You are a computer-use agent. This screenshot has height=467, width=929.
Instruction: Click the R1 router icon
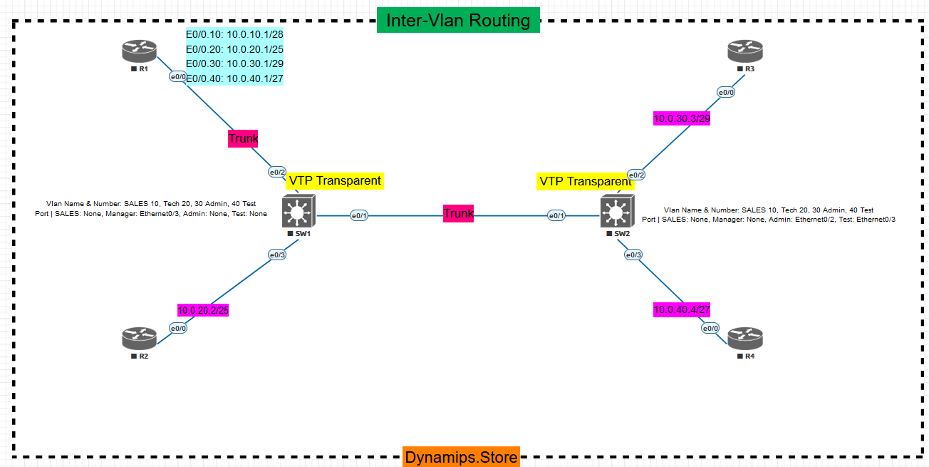tap(139, 51)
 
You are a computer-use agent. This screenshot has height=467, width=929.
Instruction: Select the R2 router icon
tap(139, 337)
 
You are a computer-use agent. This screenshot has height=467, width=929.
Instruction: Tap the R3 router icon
tap(745, 51)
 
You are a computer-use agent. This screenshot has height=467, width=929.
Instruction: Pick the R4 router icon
tap(745, 337)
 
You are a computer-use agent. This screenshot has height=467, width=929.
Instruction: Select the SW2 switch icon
tap(615, 212)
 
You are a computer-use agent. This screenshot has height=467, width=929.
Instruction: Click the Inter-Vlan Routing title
tap(458, 21)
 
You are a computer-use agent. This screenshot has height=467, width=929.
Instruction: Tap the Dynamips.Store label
tap(461, 457)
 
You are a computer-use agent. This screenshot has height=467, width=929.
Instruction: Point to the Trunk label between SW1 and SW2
tap(458, 213)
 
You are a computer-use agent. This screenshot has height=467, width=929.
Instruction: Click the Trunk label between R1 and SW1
tap(243, 138)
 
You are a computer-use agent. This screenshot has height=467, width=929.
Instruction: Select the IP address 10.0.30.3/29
tap(682, 118)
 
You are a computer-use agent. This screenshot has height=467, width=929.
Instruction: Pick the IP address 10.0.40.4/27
tap(682, 309)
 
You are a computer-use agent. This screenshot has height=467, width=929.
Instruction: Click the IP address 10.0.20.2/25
tap(203, 310)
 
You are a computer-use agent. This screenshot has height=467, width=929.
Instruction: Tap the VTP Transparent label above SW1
tap(335, 181)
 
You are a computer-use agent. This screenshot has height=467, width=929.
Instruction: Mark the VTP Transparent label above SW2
tap(585, 182)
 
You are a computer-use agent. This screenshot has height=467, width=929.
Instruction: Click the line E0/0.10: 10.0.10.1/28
tap(234, 34)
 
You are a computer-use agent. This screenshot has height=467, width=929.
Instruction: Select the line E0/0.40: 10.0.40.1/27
tap(234, 78)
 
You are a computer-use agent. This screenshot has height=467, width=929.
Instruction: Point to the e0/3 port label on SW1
tap(276, 255)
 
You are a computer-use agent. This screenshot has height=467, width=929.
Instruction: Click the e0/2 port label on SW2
tap(636, 175)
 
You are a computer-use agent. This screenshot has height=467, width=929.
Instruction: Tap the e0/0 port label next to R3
tap(726, 92)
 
